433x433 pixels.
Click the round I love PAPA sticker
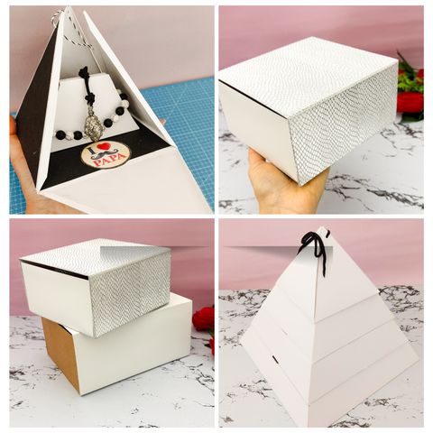[x=106, y=154]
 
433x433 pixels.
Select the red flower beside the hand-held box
[x=411, y=101]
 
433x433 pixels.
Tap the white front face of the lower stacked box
[x=135, y=356]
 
